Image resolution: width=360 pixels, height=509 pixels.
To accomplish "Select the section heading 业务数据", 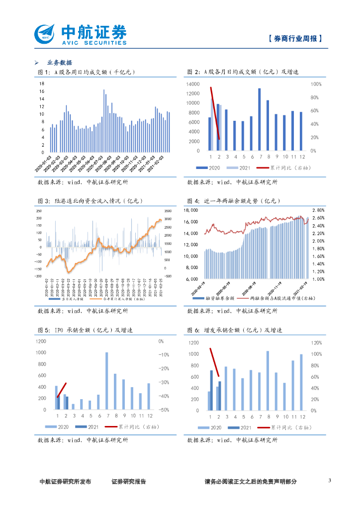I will (59, 63).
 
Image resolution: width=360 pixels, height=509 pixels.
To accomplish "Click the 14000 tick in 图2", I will (193, 85).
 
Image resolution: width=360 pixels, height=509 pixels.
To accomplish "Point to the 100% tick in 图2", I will (316, 85).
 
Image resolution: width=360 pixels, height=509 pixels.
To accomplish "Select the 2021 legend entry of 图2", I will (240, 168).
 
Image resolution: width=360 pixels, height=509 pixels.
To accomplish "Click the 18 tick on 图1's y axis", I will (42, 84).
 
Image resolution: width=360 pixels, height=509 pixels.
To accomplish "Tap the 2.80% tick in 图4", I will (318, 210).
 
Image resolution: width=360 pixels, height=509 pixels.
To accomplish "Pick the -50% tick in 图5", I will (164, 410).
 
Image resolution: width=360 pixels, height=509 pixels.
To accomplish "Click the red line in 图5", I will (62, 390).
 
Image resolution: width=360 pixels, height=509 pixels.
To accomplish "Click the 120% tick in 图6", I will (317, 342).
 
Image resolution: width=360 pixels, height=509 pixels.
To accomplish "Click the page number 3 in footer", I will (330, 481).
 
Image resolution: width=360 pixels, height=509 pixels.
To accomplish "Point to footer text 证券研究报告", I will (129, 482).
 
